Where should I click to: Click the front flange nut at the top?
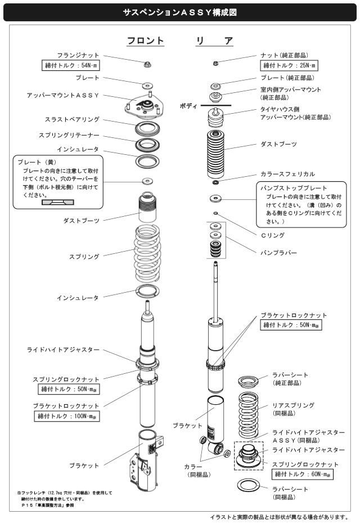[x=147, y=64]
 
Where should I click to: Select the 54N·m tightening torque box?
[x=71, y=65]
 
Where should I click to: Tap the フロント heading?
[x=146, y=41]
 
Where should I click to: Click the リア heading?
[x=214, y=41]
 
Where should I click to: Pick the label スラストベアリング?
[x=73, y=119]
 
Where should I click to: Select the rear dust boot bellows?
[x=215, y=154]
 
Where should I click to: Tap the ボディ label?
[x=188, y=106]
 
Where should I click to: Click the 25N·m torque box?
[x=289, y=65]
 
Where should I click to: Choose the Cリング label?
[x=273, y=235]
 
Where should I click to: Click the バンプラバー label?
[x=278, y=253]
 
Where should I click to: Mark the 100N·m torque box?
[x=67, y=416]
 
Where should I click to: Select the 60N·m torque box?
[x=303, y=474]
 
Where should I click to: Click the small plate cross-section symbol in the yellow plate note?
[x=58, y=202]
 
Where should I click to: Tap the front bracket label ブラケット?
[x=84, y=466]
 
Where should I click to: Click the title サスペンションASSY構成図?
[x=179, y=13]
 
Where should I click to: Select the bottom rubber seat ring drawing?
[x=248, y=485]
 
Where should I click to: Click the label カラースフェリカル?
[x=287, y=174]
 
